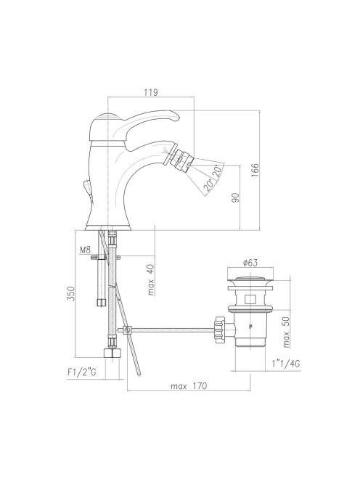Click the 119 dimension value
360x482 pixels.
point(151,92)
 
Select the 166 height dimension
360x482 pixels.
point(255,171)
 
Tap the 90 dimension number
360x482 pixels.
point(235,197)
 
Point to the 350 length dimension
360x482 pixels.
point(71,293)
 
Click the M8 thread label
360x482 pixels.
point(85,250)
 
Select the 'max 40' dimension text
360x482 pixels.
point(151,279)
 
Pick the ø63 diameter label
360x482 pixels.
point(250,263)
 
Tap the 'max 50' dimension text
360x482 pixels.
point(286,332)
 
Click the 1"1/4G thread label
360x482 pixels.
point(286,364)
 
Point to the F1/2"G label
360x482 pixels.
point(82,372)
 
